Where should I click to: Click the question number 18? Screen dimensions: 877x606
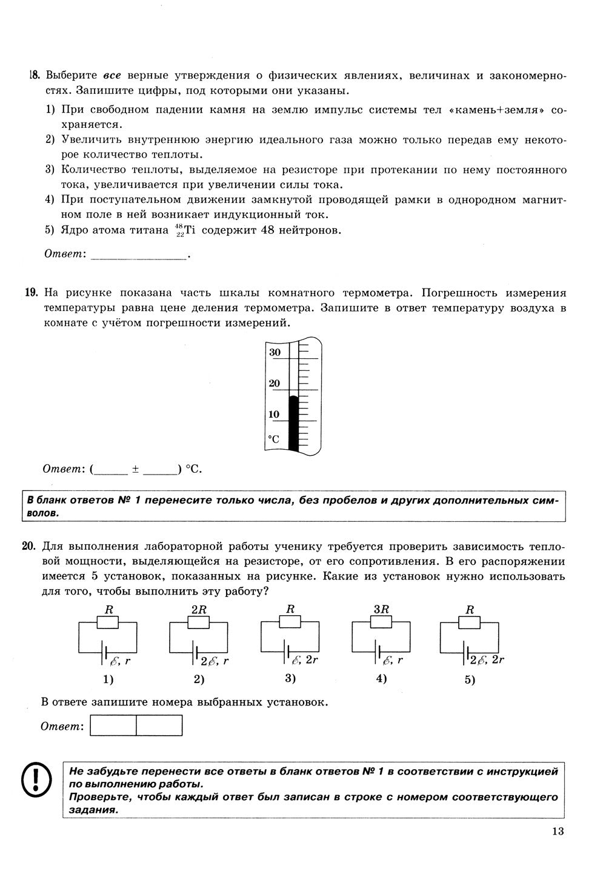(33, 76)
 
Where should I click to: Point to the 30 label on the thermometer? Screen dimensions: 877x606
(275, 352)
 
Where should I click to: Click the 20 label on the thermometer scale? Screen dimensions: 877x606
(275, 383)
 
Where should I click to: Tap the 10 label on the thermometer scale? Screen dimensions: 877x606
(275, 415)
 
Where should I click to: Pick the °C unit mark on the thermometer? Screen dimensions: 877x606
(274, 439)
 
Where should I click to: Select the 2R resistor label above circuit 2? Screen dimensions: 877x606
(199, 610)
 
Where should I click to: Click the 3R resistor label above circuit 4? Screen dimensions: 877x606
(381, 610)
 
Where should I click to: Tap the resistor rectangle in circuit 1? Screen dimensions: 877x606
(110, 622)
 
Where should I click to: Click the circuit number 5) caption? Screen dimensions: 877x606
(470, 680)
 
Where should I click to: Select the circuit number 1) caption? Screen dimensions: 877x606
(108, 679)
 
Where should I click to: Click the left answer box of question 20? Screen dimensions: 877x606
(113, 725)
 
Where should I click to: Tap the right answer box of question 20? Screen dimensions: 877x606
(159, 725)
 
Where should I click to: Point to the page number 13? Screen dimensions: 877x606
(558, 831)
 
